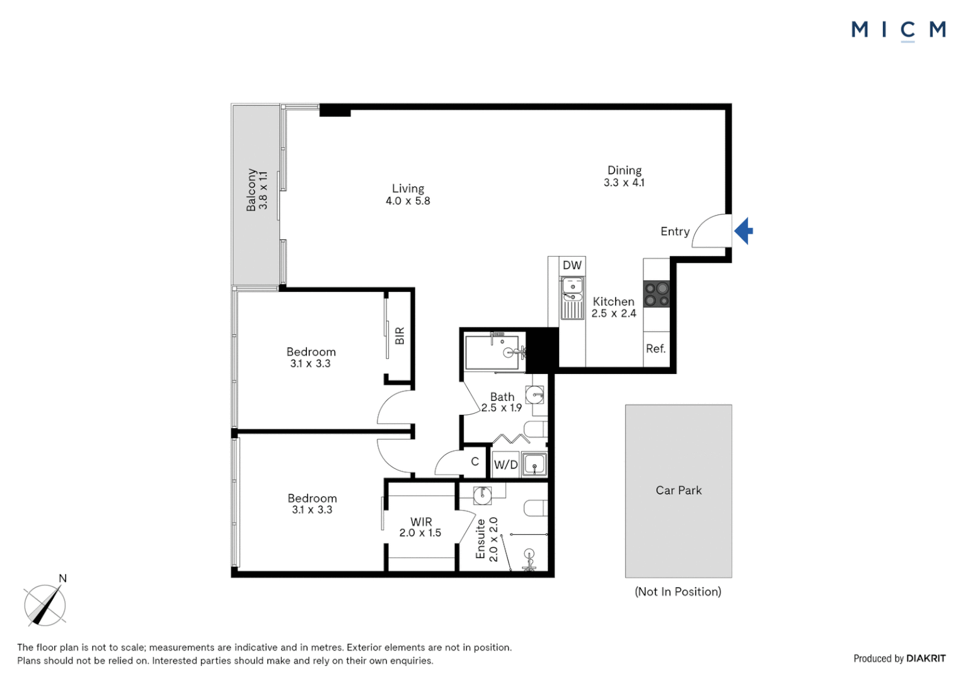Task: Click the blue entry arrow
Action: [744, 231]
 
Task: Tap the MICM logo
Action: [898, 30]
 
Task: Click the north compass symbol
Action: [45, 605]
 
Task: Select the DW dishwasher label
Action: [572, 265]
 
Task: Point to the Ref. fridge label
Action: [655, 349]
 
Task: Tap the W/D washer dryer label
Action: [505, 465]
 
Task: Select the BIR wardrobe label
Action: [400, 335]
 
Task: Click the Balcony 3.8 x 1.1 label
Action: [257, 190]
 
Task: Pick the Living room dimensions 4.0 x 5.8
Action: [408, 201]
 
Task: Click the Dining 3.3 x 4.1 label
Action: [624, 176]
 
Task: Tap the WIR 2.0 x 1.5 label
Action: [420, 527]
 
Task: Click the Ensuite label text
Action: [480, 539]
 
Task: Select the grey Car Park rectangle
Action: [678, 491]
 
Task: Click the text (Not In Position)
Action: [678, 591]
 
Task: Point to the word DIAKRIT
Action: [926, 658]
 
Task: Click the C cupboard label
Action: [475, 462]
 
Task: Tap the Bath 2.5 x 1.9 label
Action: [502, 402]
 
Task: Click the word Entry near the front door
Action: [674, 231]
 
